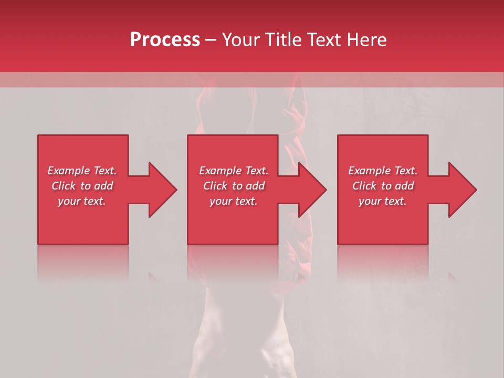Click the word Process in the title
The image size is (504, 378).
165,40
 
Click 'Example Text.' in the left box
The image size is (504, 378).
82,171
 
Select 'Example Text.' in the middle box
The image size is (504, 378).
234,171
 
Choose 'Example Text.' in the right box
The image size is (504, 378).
383,171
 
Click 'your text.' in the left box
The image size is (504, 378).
82,201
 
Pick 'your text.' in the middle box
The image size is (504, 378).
234,201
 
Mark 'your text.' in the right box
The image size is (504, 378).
383,201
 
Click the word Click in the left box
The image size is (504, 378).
64,186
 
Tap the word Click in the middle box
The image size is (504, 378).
216,186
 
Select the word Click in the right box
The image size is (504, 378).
365,186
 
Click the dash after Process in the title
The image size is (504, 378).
211,40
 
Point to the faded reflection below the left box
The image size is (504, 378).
83,262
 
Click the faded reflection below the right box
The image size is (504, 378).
383,262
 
